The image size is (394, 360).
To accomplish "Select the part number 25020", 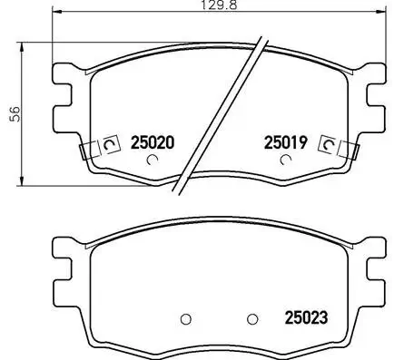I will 153,142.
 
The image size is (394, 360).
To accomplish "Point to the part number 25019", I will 287,142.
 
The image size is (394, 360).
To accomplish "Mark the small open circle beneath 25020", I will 153,161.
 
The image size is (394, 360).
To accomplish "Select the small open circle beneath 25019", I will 287,161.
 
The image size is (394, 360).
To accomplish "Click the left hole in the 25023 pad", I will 185,318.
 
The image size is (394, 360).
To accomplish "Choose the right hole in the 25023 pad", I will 253,318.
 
